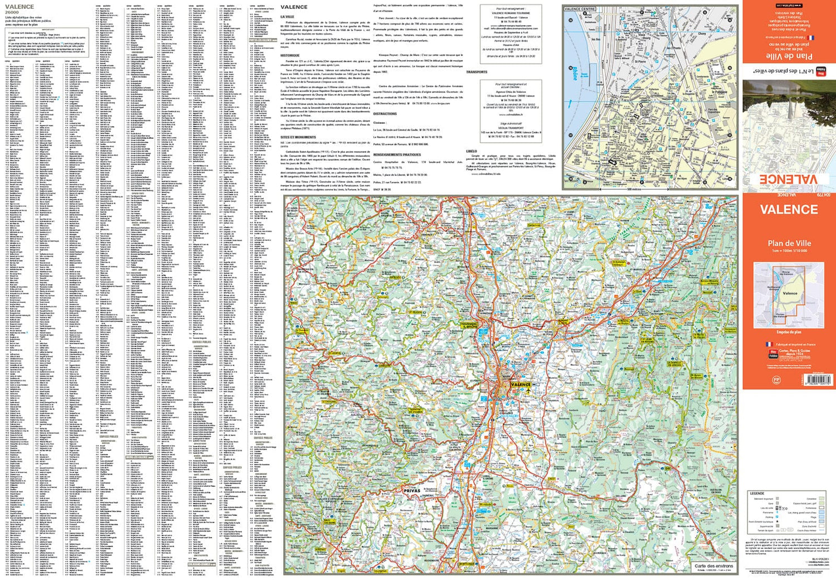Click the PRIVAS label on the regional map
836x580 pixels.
(x=411, y=491)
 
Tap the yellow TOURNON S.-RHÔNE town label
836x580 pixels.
(x=469, y=325)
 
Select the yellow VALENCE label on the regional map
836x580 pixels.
(x=521, y=384)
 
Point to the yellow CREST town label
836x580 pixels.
(x=552, y=478)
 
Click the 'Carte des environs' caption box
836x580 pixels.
(x=713, y=566)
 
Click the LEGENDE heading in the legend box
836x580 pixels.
(x=757, y=494)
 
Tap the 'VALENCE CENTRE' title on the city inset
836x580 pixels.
(x=580, y=9)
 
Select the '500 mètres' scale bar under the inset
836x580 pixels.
(x=634, y=189)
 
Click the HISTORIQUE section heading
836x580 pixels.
(x=290, y=56)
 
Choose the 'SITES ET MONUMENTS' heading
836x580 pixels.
(x=298, y=137)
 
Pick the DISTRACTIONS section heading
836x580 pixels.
(x=385, y=114)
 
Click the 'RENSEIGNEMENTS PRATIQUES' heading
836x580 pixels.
(x=397, y=155)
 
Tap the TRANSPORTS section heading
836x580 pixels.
(x=477, y=72)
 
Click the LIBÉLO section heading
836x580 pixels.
(x=472, y=151)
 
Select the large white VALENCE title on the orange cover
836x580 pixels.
(x=789, y=210)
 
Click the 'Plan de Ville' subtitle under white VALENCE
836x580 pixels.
(x=789, y=243)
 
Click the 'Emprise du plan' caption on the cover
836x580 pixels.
(x=789, y=332)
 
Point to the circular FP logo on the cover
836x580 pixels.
(x=776, y=380)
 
